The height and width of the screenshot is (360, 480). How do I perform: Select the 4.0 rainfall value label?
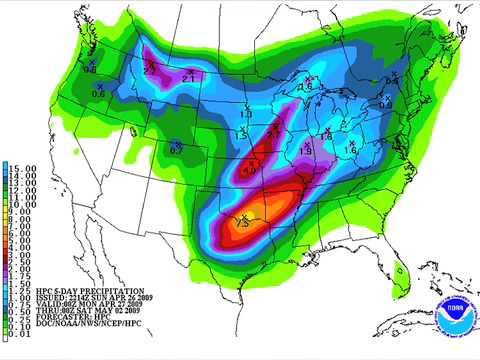[249, 171]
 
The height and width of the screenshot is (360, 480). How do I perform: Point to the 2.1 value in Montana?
[190, 76]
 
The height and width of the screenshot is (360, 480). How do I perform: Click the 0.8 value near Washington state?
[88, 69]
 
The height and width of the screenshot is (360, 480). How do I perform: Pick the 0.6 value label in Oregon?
[98, 93]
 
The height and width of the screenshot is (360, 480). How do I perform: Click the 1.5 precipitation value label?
[350, 148]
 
